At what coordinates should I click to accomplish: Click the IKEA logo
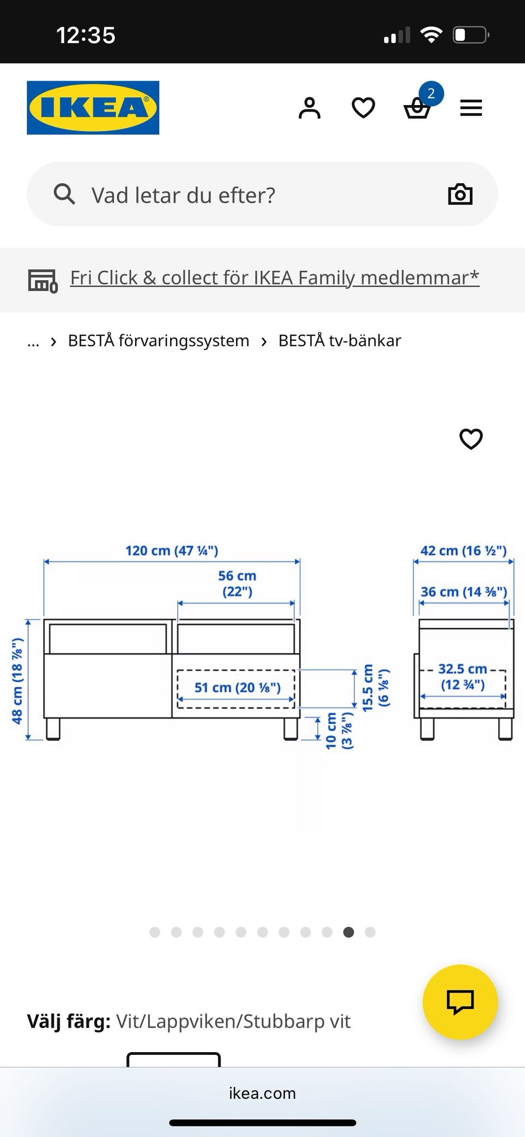click(93, 108)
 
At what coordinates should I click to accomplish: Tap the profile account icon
click(310, 108)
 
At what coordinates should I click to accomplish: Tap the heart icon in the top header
click(363, 108)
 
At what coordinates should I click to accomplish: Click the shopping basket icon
click(417, 108)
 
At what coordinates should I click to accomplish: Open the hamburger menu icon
click(471, 108)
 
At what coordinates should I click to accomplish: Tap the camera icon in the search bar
click(460, 194)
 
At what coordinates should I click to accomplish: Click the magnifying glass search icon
click(64, 194)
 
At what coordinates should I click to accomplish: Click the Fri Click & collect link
click(275, 278)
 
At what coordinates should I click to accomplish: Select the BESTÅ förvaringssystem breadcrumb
click(159, 340)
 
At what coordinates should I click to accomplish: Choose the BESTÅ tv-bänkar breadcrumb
click(340, 340)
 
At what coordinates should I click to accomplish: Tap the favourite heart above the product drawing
click(471, 438)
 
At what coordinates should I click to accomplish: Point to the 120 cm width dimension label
click(172, 550)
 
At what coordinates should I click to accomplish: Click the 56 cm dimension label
click(237, 583)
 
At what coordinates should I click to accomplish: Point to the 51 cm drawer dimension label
click(237, 688)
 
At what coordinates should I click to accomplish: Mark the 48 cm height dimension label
click(17, 681)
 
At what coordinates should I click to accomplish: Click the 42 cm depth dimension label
click(463, 550)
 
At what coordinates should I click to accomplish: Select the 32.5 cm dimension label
click(463, 677)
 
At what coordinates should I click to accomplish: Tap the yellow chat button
click(460, 1002)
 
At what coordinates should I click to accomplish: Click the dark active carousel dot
click(348, 932)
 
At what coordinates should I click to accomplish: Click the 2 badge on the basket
click(431, 94)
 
